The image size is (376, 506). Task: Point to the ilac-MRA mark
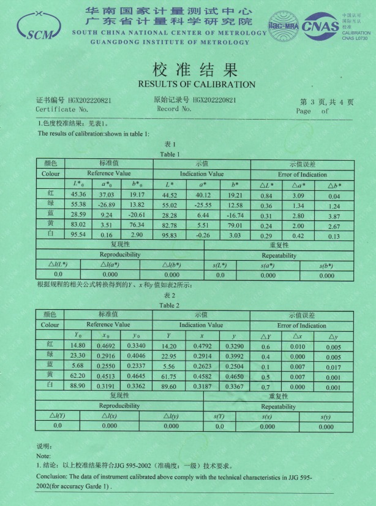click(282, 27)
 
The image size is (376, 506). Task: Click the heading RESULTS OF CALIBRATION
click(196, 84)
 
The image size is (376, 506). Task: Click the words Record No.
click(174, 109)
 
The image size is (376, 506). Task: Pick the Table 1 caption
click(170, 154)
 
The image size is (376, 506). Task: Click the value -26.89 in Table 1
click(107, 204)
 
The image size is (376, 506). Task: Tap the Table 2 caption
click(169, 305)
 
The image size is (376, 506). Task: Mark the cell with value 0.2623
click(203, 366)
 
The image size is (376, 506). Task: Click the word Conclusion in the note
click(51, 475)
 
